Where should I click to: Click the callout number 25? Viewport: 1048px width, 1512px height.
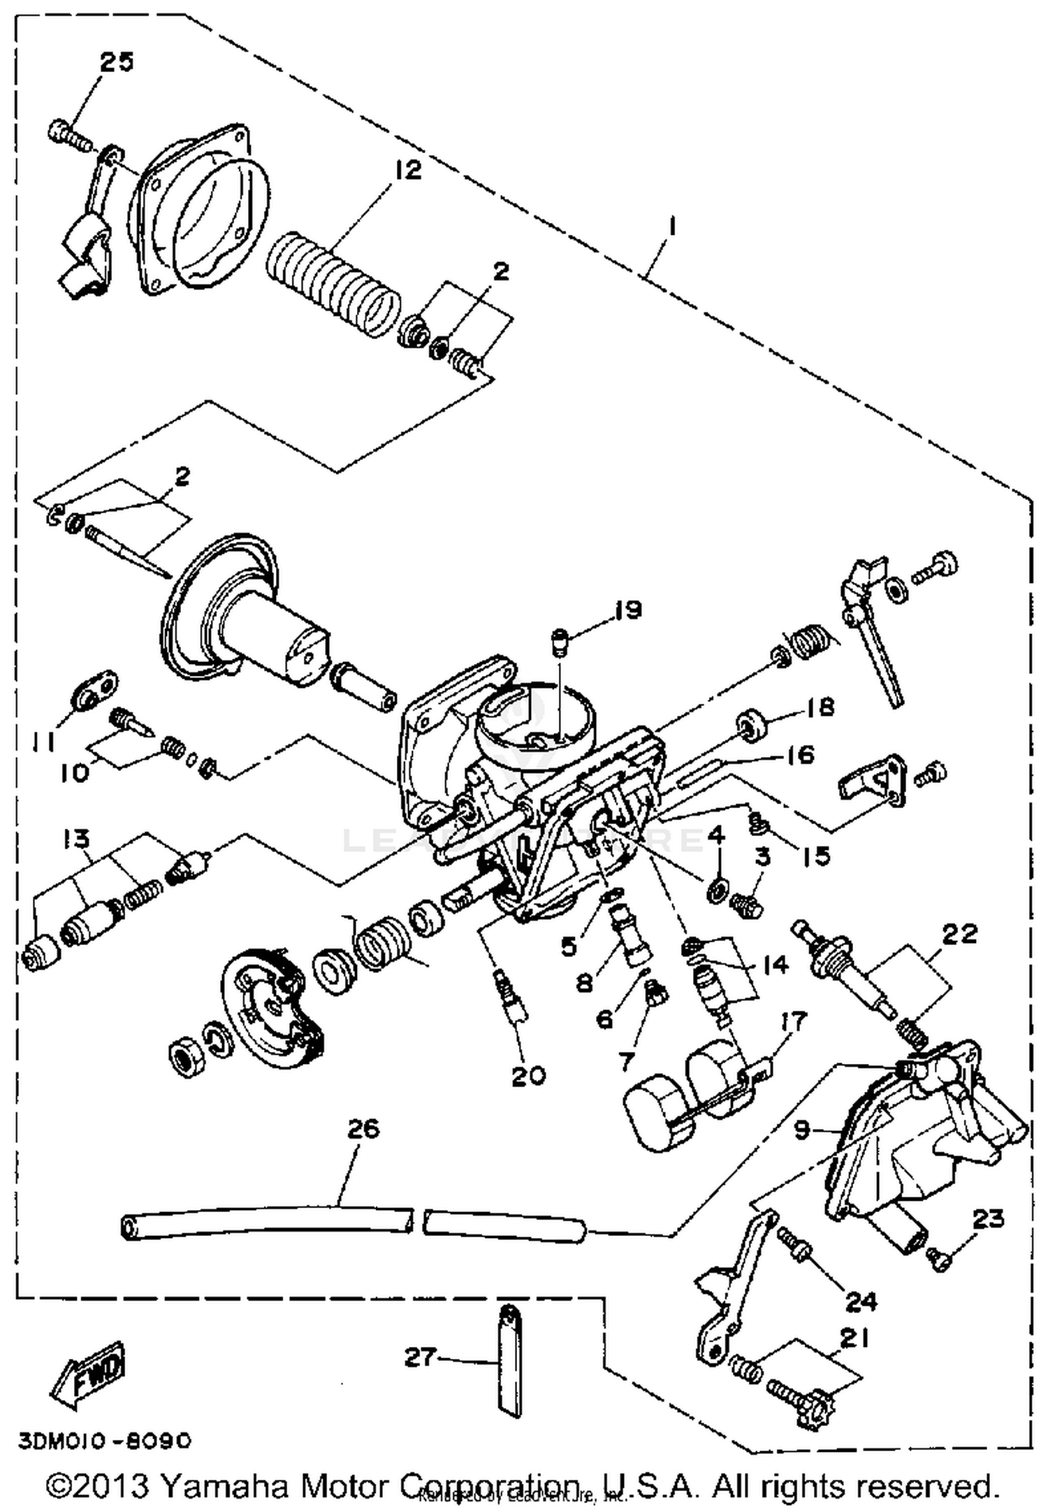(115, 62)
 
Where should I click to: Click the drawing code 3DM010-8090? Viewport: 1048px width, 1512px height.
(103, 1441)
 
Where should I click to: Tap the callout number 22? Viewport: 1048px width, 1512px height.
(959, 934)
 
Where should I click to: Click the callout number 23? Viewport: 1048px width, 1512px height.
(988, 1218)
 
